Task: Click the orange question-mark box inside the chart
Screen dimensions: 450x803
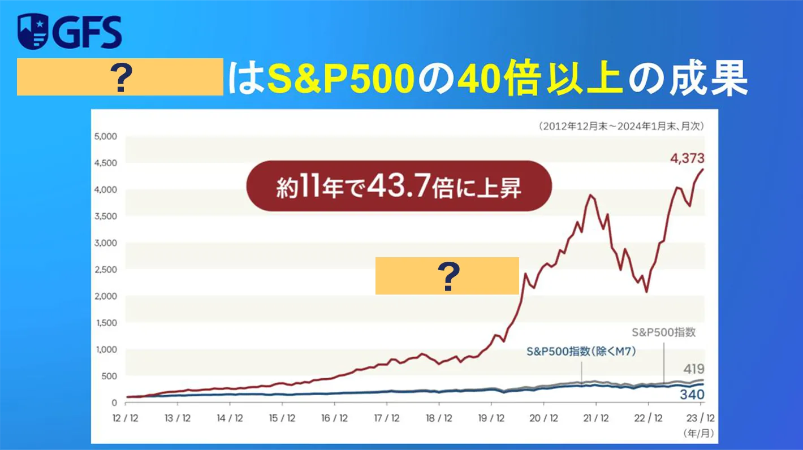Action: tap(447, 276)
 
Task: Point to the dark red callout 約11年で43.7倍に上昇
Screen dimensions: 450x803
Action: tap(399, 186)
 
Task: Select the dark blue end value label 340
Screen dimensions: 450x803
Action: tap(692, 395)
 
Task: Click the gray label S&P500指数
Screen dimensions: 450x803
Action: tap(663, 332)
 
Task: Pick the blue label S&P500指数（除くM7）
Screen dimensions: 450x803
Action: tap(581, 352)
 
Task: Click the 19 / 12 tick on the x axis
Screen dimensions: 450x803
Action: tap(491, 419)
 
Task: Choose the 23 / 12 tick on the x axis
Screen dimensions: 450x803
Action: tap(699, 419)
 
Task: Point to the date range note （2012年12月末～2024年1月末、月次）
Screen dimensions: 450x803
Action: tap(620, 126)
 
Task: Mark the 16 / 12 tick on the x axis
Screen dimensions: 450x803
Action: tap(335, 419)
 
